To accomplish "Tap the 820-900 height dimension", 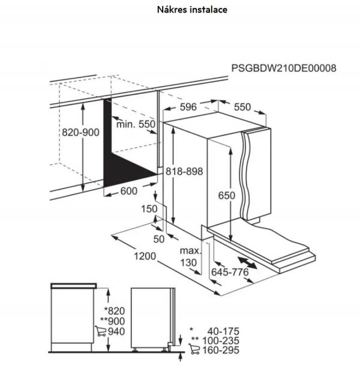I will click(81, 133).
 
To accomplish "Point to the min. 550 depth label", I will click(136, 124).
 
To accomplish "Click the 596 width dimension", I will click(188, 107).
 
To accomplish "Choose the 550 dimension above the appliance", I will click(242, 107).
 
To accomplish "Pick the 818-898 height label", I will click(185, 171).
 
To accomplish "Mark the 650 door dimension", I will click(226, 195).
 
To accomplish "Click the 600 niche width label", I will click(128, 191).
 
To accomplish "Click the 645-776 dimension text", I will click(230, 273).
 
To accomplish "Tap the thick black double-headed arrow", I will click(251, 262).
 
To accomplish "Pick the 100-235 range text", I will click(222, 340).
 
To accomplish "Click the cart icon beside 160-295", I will click(194, 350).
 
